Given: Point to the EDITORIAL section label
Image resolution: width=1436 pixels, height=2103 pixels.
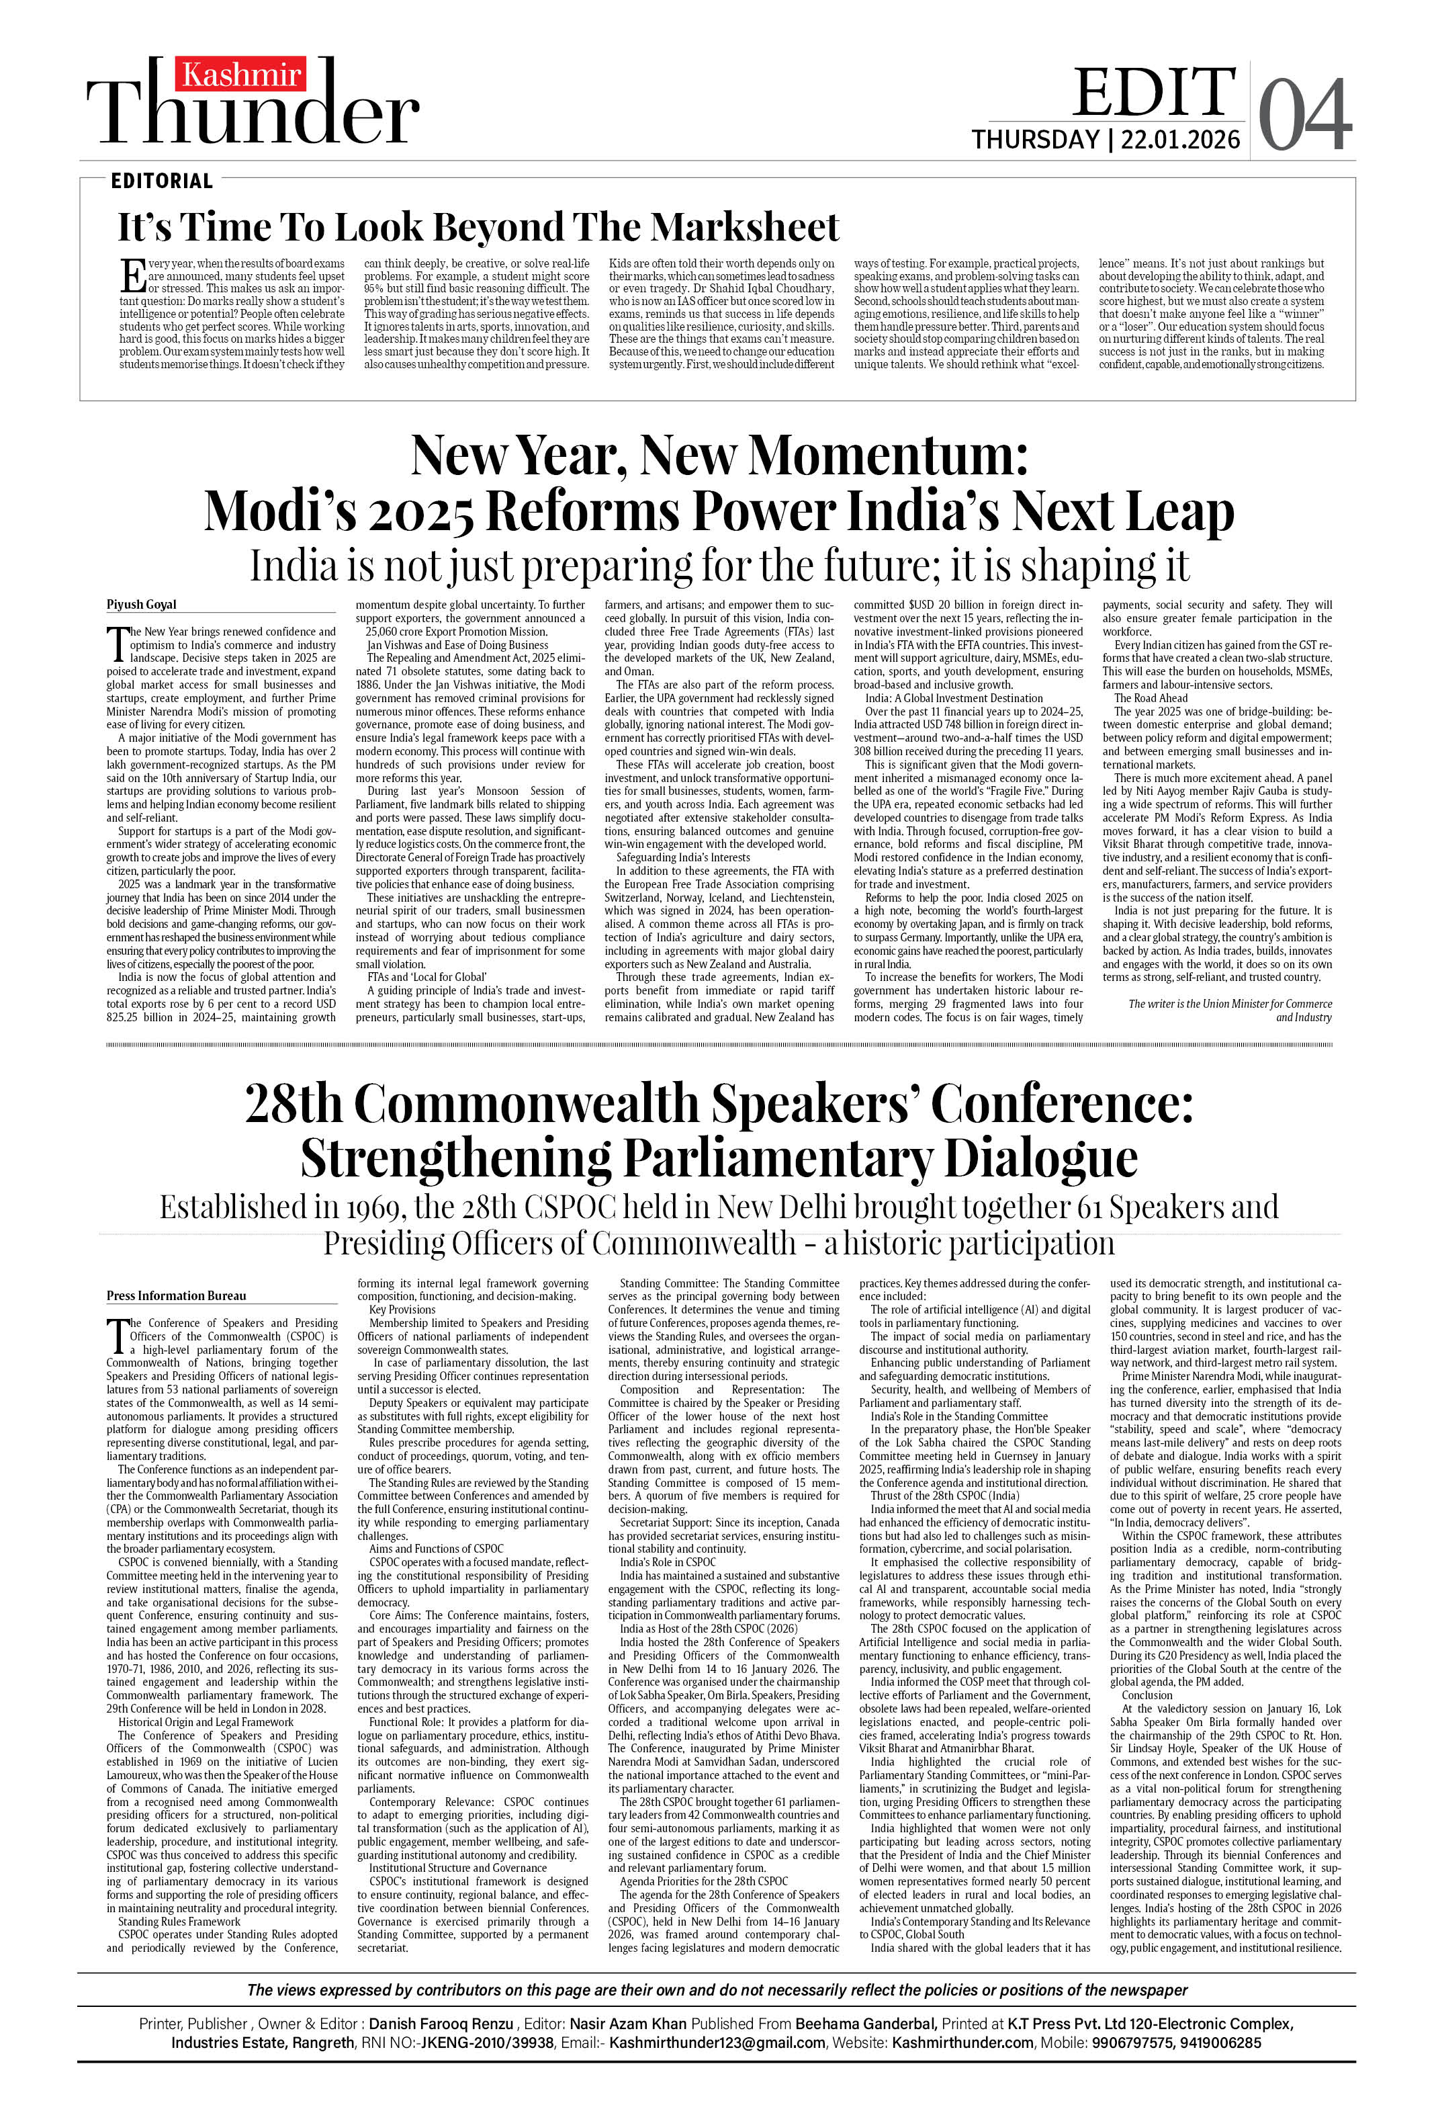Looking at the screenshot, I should click(162, 181).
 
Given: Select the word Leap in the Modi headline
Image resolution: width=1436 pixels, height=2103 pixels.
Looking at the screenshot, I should click(1179, 512).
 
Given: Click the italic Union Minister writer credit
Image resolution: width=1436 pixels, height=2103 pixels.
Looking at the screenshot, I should click(1230, 1010).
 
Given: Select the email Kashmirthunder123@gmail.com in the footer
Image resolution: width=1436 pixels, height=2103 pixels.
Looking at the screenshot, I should click(717, 2043).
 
